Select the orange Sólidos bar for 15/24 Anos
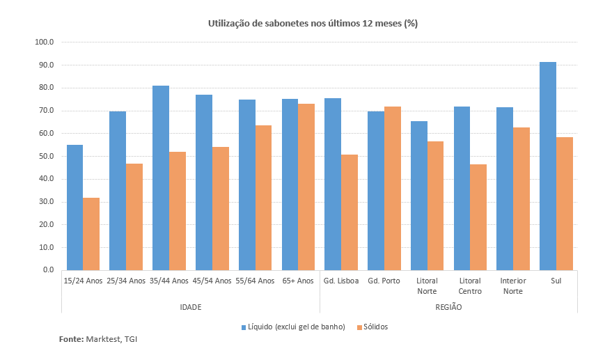91,234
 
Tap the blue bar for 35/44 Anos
161,178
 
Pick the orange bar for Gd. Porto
393,188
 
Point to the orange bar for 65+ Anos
306,187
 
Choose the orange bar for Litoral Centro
478,217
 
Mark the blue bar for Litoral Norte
418,196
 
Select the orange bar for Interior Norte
521,198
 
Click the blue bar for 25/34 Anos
118,191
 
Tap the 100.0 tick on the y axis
44,42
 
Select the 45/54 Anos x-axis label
212,281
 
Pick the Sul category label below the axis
556,281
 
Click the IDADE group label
190,306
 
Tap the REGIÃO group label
449,306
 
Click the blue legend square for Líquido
244,327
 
